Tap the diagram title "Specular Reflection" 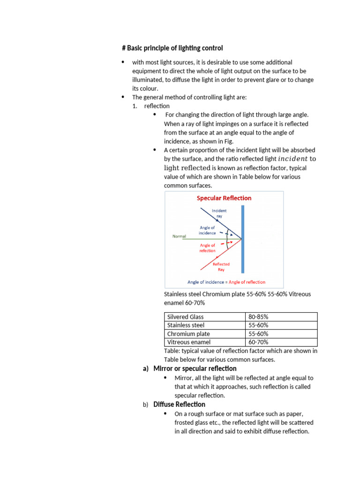pyautogui.click(x=224, y=198)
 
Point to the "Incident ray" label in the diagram pyautogui.click(x=219, y=213)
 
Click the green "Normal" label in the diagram pyautogui.click(x=179, y=236)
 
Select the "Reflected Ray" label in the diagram pyautogui.click(x=221, y=267)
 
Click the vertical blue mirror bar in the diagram pyautogui.click(x=242, y=239)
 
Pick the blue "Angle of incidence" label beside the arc pyautogui.click(x=207, y=230)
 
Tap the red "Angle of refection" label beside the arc pyautogui.click(x=208, y=247)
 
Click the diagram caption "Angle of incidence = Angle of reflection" pyautogui.click(x=226, y=282)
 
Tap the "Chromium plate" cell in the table pyautogui.click(x=187, y=334)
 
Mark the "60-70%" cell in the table pyautogui.click(x=258, y=342)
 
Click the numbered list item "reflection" pyautogui.click(x=157, y=106)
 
